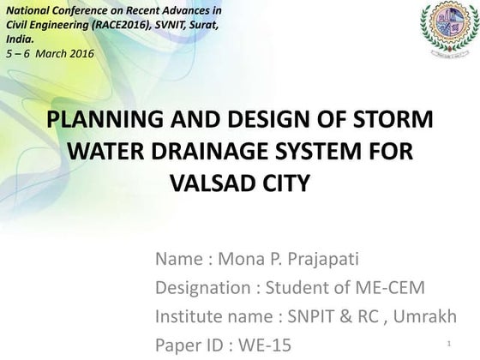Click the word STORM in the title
coord(393,119)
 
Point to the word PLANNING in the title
coord(94,119)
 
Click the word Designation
coord(207,286)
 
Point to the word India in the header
coord(20,39)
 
